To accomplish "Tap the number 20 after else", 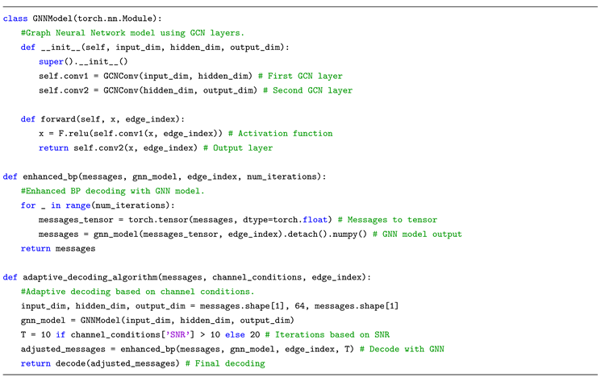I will [266, 336].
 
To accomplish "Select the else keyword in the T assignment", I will [247, 336].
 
